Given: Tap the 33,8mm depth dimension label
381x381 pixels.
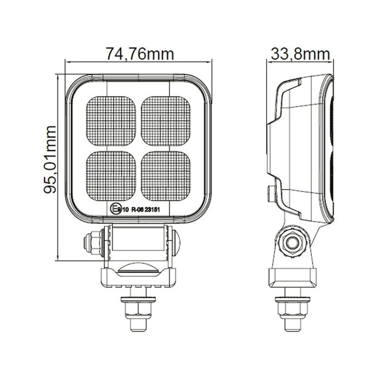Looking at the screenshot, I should pyautogui.click(x=299, y=55).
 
